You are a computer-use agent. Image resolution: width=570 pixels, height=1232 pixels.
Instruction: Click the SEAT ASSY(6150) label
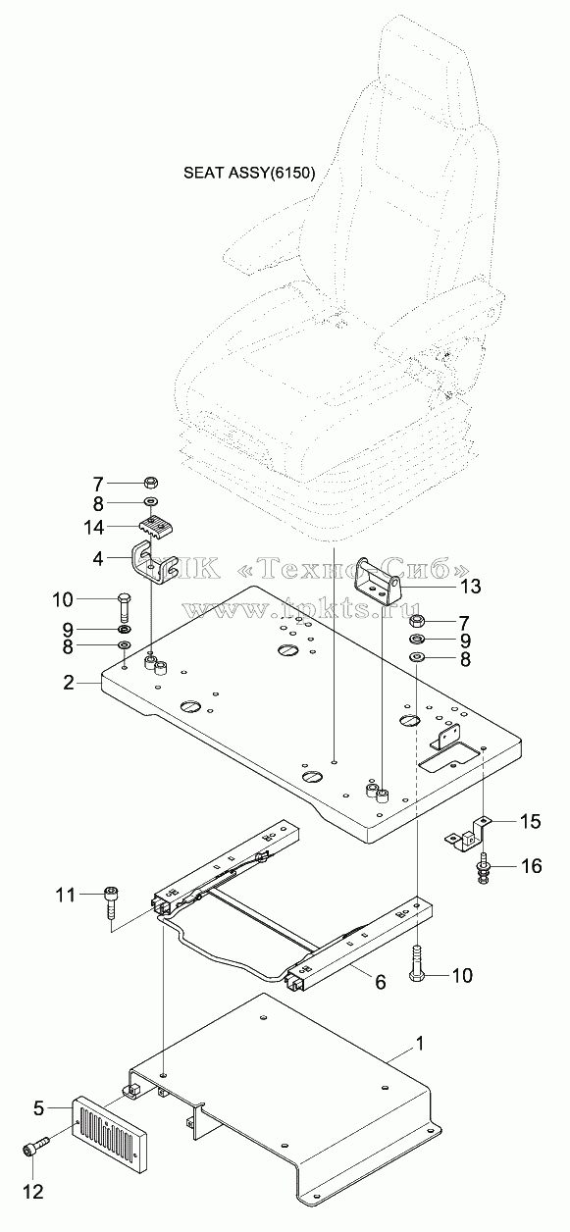tap(249, 174)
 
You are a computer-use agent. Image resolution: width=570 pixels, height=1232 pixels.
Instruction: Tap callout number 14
tap(94, 528)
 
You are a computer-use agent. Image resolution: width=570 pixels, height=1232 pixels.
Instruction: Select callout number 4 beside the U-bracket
tap(98, 559)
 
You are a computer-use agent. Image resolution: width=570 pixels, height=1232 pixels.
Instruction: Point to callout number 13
tap(471, 587)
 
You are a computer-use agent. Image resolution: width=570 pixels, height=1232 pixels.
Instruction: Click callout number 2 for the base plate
tap(69, 683)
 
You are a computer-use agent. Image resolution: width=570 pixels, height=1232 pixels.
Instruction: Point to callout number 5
tap(38, 1108)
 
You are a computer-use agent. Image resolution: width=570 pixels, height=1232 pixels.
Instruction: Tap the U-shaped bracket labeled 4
tap(148, 564)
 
